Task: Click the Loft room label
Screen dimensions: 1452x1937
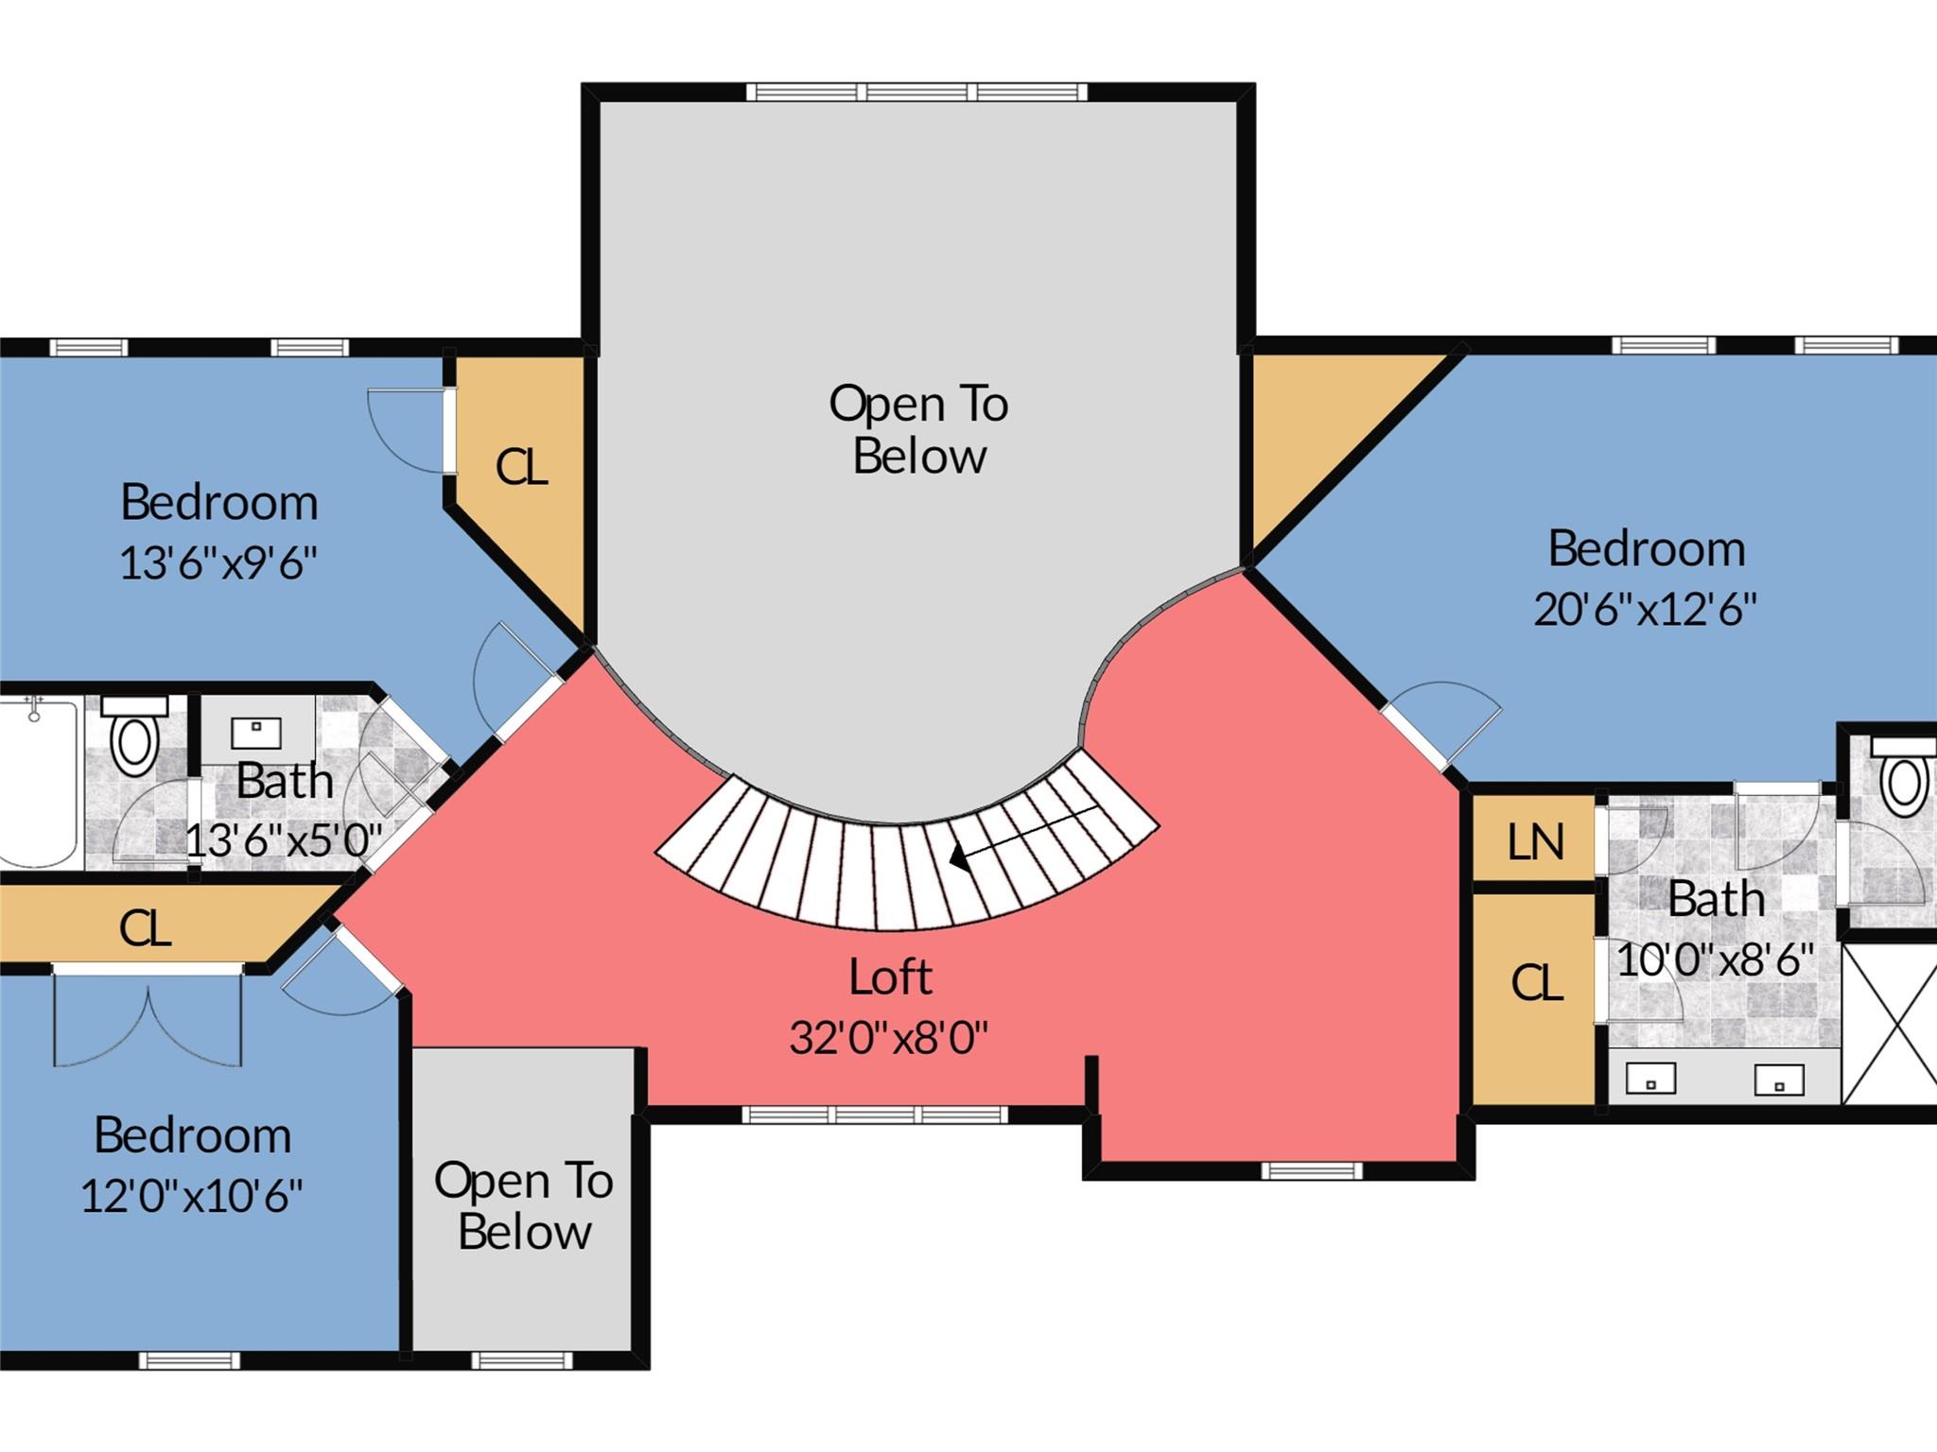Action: coord(890,977)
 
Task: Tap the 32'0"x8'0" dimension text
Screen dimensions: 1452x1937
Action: coord(888,1038)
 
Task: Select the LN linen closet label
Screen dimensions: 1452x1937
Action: coord(1535,841)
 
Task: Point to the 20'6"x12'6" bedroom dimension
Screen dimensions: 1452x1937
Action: coord(1645,609)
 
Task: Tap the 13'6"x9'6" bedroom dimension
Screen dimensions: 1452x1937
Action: coord(218,563)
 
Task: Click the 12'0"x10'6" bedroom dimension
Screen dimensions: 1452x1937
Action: coord(191,1196)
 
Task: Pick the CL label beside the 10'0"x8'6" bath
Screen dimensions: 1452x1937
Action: coord(1536,983)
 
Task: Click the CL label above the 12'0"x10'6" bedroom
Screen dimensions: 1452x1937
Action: coord(145,928)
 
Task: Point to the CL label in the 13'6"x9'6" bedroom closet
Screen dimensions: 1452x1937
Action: coord(521,467)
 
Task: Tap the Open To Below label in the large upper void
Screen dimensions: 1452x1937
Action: coord(918,430)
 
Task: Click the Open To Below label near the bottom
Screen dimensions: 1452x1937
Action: coord(523,1206)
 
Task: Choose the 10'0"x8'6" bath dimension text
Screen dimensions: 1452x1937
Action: coord(1715,960)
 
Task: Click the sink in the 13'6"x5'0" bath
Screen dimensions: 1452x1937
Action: coord(255,730)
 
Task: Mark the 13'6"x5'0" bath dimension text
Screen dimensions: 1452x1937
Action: coord(284,839)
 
